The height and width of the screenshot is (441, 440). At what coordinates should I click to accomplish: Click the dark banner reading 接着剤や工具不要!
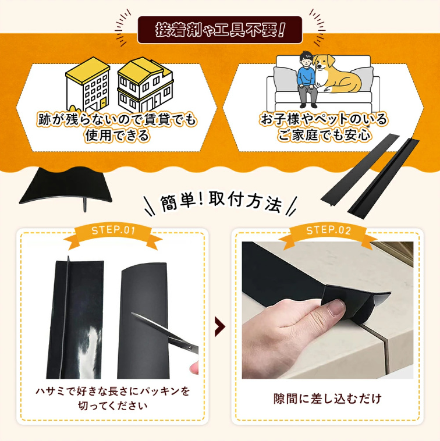(220, 30)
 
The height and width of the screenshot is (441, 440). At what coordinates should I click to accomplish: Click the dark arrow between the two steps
(220, 326)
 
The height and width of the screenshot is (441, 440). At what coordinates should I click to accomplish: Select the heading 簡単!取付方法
(221, 201)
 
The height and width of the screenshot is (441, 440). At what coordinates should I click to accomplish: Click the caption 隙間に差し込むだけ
(328, 399)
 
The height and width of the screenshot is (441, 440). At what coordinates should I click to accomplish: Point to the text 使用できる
(117, 136)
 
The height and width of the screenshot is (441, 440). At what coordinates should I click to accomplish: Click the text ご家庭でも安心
(324, 135)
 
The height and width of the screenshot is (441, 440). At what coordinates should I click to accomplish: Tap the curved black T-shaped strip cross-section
(66, 187)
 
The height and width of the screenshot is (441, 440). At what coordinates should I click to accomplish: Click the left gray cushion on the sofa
(285, 79)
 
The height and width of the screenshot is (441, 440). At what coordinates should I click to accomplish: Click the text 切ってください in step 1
(113, 406)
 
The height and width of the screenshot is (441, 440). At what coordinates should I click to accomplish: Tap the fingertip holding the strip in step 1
(194, 368)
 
